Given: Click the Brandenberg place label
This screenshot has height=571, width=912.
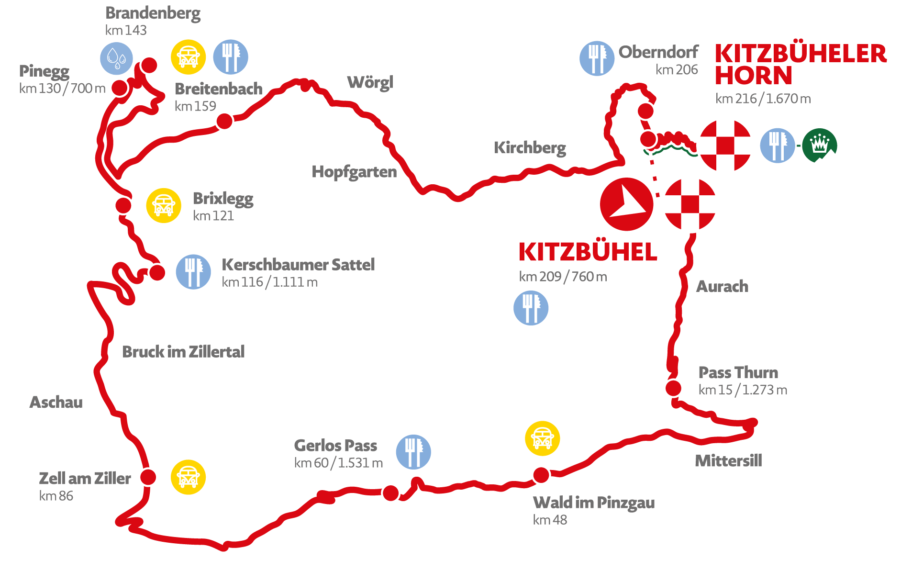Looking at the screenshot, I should [153, 13].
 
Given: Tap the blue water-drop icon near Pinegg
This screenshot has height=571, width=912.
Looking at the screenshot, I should [116, 58].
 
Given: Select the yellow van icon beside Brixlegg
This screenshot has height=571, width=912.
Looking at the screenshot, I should [164, 205].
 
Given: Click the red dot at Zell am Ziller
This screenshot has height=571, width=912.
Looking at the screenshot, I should [148, 477].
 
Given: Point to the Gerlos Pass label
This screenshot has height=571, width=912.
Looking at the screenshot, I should [335, 445].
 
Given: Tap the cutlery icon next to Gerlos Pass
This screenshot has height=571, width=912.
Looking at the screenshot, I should [413, 452].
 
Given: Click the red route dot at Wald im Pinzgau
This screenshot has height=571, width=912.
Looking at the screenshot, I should [541, 475].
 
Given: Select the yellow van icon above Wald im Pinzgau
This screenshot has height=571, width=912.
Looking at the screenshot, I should [542, 438].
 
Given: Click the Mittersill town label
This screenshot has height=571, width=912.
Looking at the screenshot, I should [728, 460].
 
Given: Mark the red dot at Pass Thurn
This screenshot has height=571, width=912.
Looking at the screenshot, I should [673, 388].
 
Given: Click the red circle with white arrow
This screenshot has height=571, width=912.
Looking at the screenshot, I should [626, 204].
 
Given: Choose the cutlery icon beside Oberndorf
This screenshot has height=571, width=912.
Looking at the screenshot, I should [597, 58].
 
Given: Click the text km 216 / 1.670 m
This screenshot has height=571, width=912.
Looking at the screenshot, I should [763, 99].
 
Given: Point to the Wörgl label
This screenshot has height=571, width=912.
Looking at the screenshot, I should [370, 82].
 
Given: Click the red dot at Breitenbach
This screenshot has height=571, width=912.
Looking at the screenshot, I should [224, 121].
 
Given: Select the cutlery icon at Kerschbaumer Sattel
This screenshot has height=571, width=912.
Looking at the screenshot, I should [193, 271].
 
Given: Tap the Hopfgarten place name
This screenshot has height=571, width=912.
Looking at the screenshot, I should [354, 171].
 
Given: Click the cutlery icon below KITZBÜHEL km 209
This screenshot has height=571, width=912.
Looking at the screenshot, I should [531, 308].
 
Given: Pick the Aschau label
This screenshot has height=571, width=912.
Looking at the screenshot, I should [56, 402].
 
